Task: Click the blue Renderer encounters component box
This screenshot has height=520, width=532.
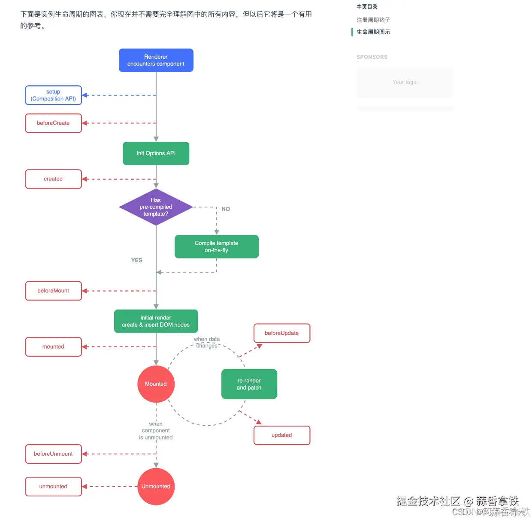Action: pos(156,60)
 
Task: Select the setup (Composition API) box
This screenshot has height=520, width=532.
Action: pos(53,95)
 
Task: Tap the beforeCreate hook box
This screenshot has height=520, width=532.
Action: pos(53,123)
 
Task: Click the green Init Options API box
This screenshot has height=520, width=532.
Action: pos(156,153)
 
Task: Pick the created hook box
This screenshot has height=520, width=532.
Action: pos(53,179)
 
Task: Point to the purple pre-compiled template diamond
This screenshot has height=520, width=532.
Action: pos(156,207)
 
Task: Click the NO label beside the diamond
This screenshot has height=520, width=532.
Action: pos(226,209)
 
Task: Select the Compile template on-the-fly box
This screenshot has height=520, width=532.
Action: pos(216,246)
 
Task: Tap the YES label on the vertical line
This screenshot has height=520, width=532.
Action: pos(136,260)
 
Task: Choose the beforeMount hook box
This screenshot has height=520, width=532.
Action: pos(53,291)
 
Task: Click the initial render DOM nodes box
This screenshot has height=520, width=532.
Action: pos(156,321)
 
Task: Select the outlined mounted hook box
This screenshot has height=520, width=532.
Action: pos(53,347)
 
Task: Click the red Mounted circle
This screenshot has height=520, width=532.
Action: pos(156,384)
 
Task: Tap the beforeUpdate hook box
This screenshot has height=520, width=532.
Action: pos(281,333)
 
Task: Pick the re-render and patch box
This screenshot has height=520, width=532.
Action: pos(249,384)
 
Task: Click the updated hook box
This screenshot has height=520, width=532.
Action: pos(281,435)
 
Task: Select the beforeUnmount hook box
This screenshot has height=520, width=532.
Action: pos(53,454)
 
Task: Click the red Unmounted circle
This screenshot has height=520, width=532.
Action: pos(156,487)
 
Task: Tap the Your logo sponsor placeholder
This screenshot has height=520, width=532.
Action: pos(404,82)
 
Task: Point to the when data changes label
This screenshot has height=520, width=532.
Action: pos(207,343)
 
